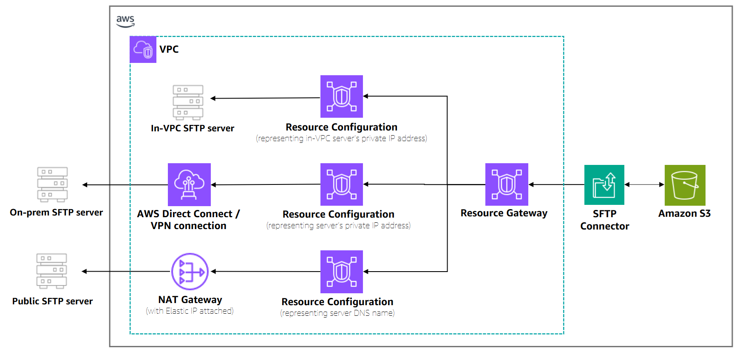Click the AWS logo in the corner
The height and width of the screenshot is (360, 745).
(x=125, y=21)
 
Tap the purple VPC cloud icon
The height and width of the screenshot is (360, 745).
(x=143, y=50)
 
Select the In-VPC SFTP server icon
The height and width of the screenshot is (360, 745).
(x=188, y=102)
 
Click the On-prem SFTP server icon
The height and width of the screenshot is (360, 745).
(x=52, y=184)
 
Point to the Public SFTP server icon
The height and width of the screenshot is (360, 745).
(x=51, y=271)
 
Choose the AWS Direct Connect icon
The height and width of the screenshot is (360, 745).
(x=189, y=184)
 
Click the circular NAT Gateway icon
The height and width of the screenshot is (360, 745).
(x=190, y=272)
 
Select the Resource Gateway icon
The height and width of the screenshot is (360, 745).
(x=507, y=184)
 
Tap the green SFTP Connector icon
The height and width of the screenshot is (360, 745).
(x=604, y=185)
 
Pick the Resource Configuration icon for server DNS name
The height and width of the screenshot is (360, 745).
(x=341, y=272)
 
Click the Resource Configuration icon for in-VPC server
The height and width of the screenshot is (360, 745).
(x=341, y=96)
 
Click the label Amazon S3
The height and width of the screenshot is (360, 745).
(x=684, y=213)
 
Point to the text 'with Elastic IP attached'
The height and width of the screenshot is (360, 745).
(x=190, y=311)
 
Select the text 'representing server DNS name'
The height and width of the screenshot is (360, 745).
(x=337, y=313)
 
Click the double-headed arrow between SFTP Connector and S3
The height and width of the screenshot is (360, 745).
(x=644, y=184)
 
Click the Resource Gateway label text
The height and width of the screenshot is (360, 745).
(x=504, y=213)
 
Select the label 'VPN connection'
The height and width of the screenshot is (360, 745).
(x=188, y=226)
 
